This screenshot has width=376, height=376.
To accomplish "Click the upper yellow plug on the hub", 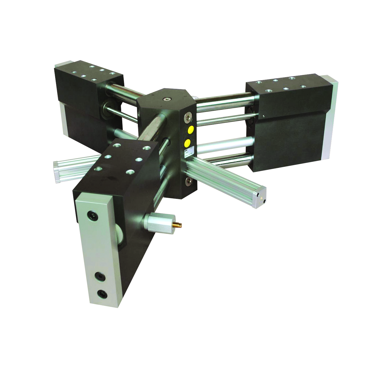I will pyautogui.click(x=191, y=130).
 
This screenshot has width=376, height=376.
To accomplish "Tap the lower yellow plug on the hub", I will pyautogui.click(x=188, y=143).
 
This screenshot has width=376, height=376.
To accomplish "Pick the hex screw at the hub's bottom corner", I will pyautogui.click(x=187, y=181).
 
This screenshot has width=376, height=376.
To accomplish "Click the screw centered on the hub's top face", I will pyautogui.click(x=167, y=99).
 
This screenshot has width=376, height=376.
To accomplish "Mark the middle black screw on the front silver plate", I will pyautogui.click(x=99, y=276).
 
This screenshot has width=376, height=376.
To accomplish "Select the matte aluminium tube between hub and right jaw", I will pyautogui.click(x=223, y=147).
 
